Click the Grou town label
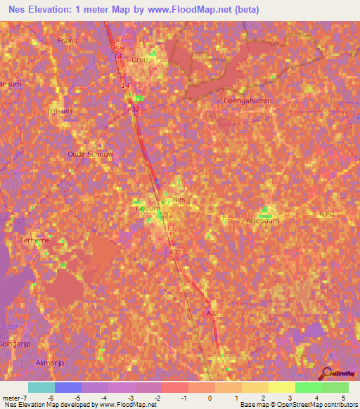tap(140, 60)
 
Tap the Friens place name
tap(67, 41)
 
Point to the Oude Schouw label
tap(90, 154)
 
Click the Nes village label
tap(179, 200)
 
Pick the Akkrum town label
tap(148, 209)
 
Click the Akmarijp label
tap(50, 363)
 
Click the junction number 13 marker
tap(170, 228)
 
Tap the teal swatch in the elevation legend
tap(41, 387)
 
